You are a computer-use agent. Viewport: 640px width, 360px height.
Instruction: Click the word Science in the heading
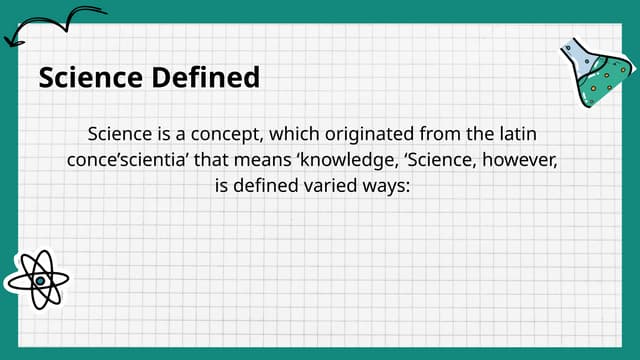87,77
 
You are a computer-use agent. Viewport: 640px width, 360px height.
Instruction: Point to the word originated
362,133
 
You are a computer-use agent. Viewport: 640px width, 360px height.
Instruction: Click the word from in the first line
446,133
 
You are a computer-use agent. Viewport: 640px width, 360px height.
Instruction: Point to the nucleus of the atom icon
38,280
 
